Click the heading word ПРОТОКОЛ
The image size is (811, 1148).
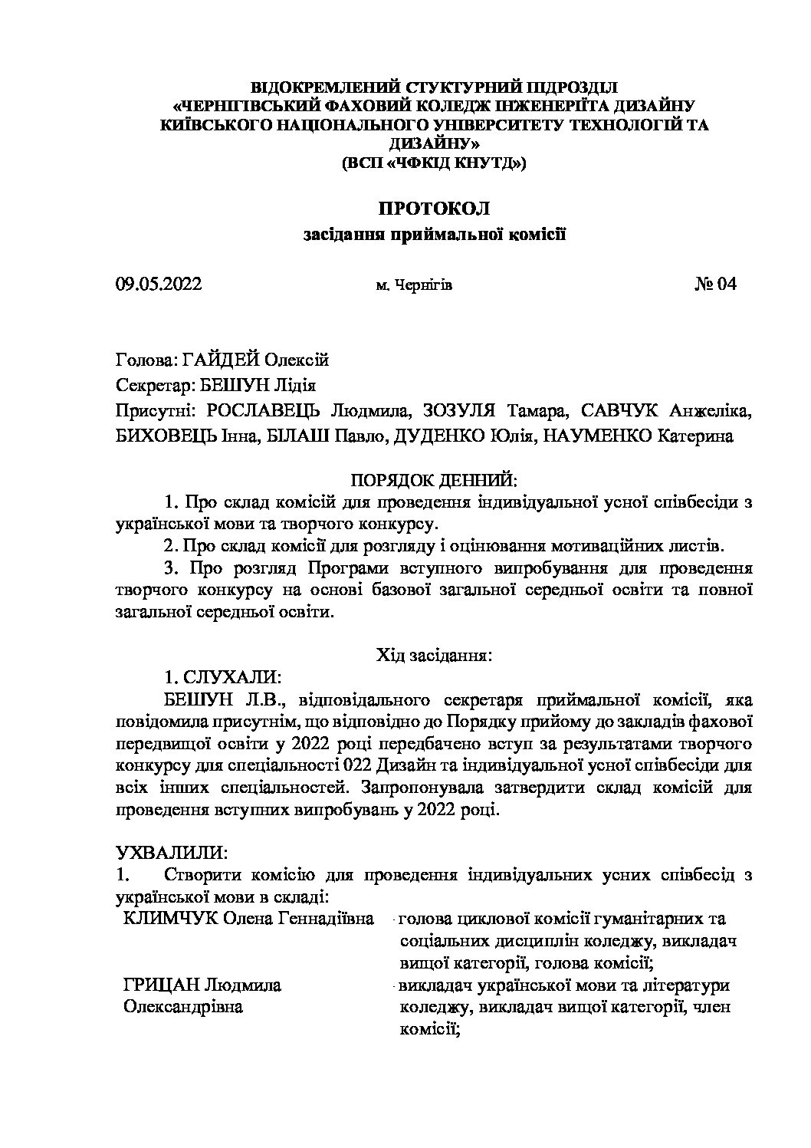(x=434, y=208)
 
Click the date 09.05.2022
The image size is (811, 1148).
(x=159, y=285)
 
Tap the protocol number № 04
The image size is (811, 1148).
(x=715, y=285)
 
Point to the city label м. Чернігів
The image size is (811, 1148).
(x=414, y=286)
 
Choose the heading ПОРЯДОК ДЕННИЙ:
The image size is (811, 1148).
(x=434, y=480)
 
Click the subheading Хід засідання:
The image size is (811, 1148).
(x=434, y=656)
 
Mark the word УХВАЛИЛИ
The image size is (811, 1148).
(x=169, y=853)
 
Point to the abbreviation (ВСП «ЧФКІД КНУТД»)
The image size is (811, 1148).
(x=434, y=163)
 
